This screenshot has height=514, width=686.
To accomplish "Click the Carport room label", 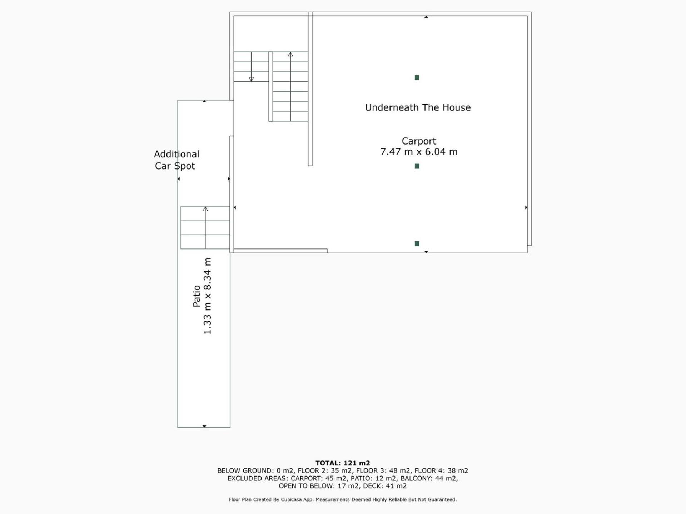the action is click(419, 142).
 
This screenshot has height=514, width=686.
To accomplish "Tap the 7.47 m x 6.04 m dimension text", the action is click(419, 152).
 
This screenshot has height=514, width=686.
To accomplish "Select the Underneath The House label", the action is click(418, 107).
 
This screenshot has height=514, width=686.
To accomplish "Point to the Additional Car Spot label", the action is click(177, 160).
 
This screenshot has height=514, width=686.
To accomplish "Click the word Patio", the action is click(197, 296).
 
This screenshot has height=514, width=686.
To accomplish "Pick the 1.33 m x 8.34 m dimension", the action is click(208, 296).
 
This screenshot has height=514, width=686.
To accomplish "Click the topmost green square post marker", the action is click(417, 77).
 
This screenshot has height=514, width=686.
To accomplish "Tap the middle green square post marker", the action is click(417, 166).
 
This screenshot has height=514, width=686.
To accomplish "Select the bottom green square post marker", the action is click(417, 243).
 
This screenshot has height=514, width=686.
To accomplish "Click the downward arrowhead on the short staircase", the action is click(251, 79).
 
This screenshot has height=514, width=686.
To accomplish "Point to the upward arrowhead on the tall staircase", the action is click(290, 55).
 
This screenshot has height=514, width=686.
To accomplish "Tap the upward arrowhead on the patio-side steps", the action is click(205, 209).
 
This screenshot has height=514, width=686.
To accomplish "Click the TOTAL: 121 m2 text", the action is click(343, 463).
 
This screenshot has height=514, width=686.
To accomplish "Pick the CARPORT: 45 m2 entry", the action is click(318, 478).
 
